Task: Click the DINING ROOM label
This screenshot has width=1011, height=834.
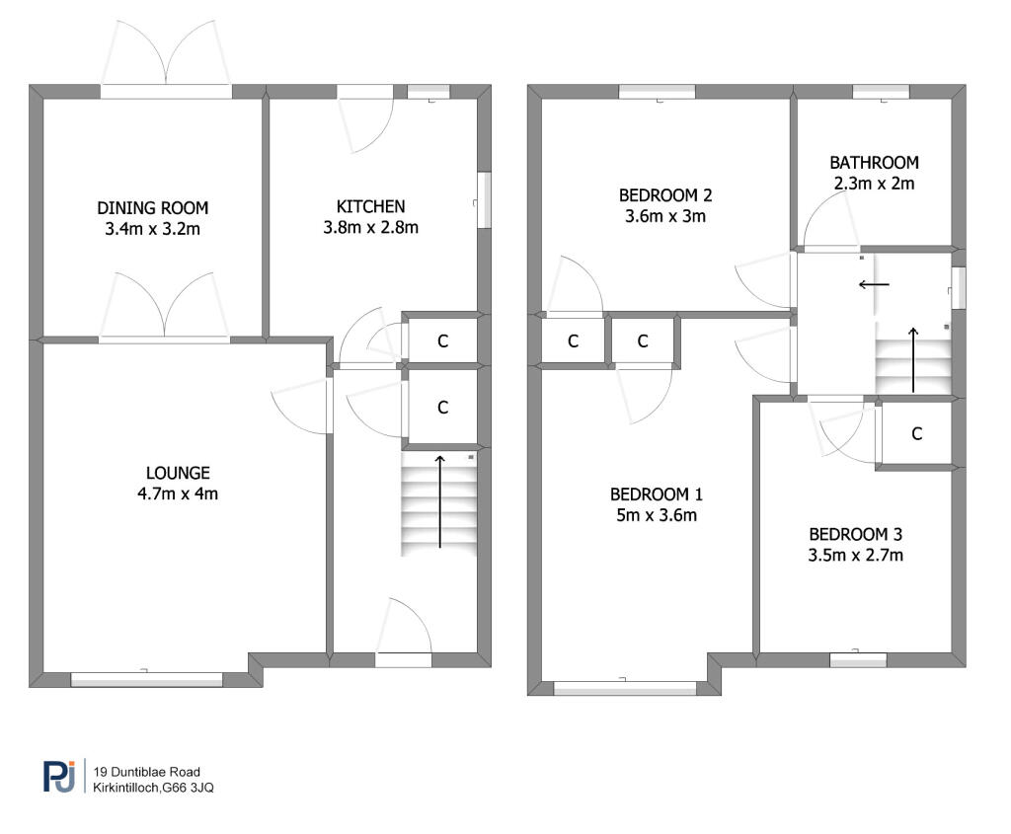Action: pyautogui.click(x=153, y=208)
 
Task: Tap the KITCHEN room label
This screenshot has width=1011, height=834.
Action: pyautogui.click(x=371, y=206)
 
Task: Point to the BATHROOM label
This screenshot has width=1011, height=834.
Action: pyautogui.click(x=874, y=163)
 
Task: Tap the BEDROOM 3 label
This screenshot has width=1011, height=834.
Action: pyautogui.click(x=855, y=535)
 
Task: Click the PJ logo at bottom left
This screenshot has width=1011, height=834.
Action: pyautogui.click(x=59, y=777)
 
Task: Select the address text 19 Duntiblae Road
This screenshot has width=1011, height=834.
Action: pyautogui.click(x=148, y=771)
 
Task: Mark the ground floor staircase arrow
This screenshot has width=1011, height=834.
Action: pyautogui.click(x=439, y=500)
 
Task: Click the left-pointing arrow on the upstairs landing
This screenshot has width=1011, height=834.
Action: pyautogui.click(x=873, y=284)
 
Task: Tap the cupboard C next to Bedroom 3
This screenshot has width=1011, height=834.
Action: pyautogui.click(x=916, y=433)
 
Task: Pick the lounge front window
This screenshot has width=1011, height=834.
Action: pyautogui.click(x=146, y=678)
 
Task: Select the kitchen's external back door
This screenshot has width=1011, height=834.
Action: pyautogui.click(x=365, y=92)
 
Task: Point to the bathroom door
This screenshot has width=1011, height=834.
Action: pyautogui.click(x=829, y=247)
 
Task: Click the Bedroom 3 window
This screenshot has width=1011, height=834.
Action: pyautogui.click(x=857, y=659)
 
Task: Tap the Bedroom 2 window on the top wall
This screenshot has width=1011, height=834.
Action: pyautogui.click(x=657, y=92)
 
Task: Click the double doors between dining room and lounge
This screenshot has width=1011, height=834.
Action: pyautogui.click(x=165, y=339)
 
